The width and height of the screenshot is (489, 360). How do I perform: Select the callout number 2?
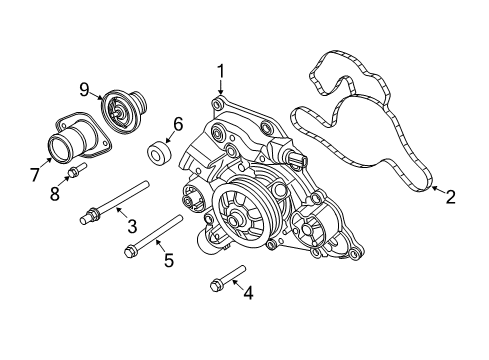point(450,197)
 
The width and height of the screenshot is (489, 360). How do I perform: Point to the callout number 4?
point(249,293)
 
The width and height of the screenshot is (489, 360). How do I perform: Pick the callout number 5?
point(169,260)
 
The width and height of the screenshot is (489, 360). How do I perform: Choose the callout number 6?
point(178,124)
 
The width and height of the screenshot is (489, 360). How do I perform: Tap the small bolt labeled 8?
point(75,179)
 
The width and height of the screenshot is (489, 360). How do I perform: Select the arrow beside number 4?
point(238,288)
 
